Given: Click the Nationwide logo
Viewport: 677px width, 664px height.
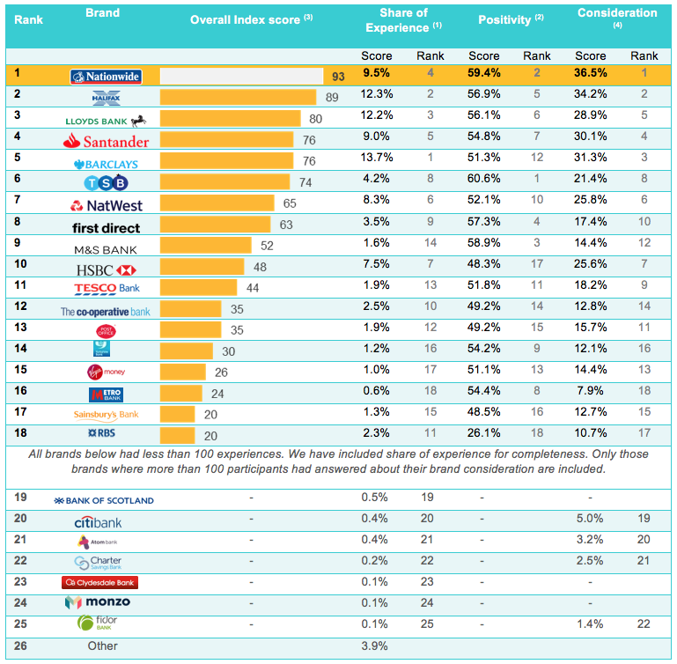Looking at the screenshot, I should (x=105, y=77).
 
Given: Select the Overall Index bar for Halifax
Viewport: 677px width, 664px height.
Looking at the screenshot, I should (x=238, y=97).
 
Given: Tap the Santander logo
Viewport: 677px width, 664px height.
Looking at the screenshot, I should (x=106, y=140).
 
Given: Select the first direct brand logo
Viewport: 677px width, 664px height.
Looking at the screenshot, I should (x=105, y=227).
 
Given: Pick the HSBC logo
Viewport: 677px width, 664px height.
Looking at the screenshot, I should (x=105, y=268).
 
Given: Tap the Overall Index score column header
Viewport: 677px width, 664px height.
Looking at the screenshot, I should (x=251, y=19).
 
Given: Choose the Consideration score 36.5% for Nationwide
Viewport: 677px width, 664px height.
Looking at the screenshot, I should (x=590, y=76).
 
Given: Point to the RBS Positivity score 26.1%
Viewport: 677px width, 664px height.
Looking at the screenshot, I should (x=483, y=433).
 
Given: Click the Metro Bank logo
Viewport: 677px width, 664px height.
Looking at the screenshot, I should (x=105, y=394).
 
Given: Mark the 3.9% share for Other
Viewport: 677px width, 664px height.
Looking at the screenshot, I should (x=376, y=646).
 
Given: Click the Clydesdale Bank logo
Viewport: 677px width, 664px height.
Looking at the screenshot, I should (x=99, y=582).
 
